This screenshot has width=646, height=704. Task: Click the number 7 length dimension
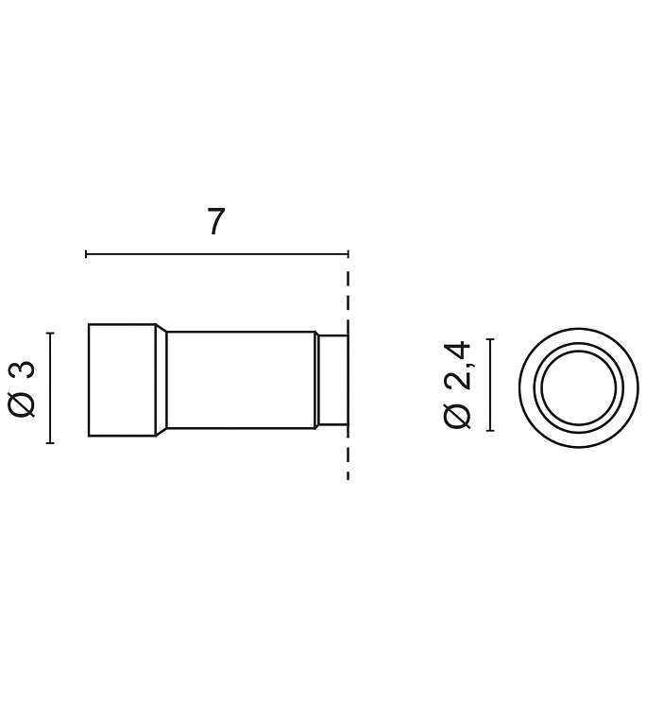(x=215, y=221)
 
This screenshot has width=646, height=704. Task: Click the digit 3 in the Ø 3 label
(x=22, y=370)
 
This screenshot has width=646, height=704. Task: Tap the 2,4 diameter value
(x=457, y=365)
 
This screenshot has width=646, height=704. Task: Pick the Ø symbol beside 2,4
(x=457, y=415)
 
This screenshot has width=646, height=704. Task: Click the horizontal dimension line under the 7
(x=216, y=254)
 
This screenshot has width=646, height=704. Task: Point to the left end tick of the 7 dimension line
(x=86, y=254)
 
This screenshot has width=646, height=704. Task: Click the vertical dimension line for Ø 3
(x=50, y=388)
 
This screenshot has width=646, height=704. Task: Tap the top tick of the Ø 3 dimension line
(x=50, y=334)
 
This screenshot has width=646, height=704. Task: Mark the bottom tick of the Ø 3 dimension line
(x=50, y=443)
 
